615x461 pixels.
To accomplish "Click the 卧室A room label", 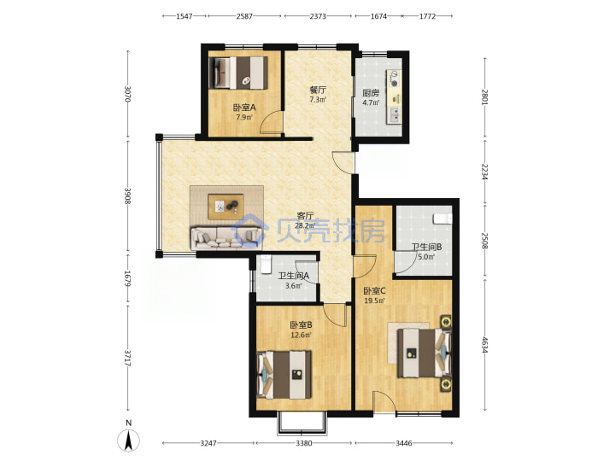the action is pos(244,107).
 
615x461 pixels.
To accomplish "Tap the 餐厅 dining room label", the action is pos(318,90).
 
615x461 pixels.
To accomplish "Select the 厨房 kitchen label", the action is pos(371,93).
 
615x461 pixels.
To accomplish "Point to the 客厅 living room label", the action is pos(305,216).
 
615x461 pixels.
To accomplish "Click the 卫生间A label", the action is pos(293,276).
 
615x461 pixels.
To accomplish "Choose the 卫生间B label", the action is pos(426,247).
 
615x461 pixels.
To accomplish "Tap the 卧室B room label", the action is pos(301,325).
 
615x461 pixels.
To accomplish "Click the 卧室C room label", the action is pos(375,291).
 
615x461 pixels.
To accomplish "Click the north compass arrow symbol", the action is pos(128,440).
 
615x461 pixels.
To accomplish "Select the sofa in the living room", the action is pos(226,238).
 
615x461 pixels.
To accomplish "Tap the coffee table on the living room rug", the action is pos(225,207).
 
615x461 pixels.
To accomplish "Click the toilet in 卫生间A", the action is pos(266,264).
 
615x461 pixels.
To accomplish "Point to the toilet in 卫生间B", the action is pos(442,219).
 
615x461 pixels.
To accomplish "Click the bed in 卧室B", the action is pos(284,375).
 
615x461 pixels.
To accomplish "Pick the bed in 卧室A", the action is pos(238,73).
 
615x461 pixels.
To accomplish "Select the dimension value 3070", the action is pos(127,94).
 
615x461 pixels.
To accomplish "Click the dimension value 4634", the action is pos(485,346).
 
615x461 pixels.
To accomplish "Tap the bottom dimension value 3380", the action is pos(304,443).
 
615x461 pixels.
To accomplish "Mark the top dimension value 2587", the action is pos(244,16).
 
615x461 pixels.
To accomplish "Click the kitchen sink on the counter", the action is pos(395,114).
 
